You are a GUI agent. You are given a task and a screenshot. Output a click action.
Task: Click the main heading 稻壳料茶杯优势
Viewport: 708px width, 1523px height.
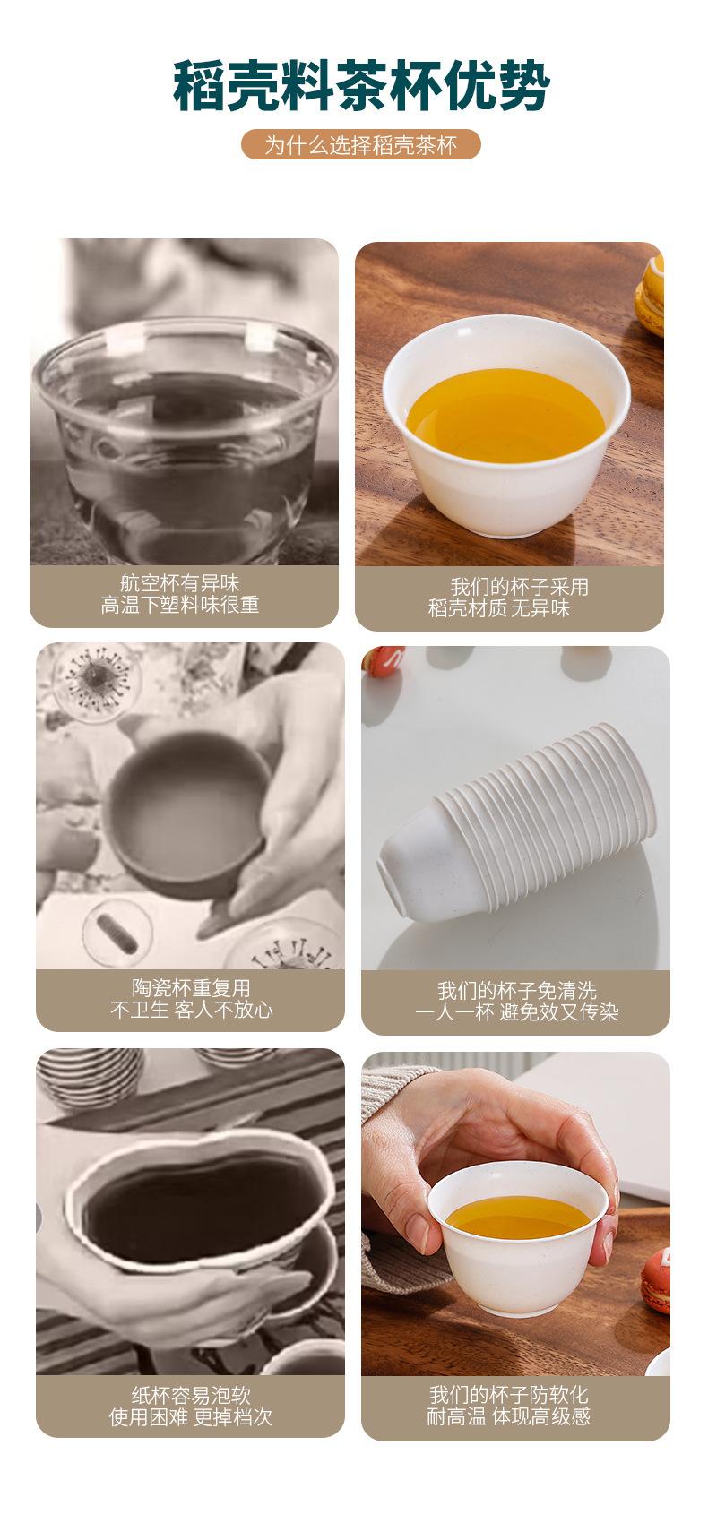tap(361, 85)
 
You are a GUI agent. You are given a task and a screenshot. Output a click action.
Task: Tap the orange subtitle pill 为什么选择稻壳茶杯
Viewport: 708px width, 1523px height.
tap(361, 145)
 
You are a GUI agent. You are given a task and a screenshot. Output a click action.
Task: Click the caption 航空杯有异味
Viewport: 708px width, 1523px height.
tap(180, 582)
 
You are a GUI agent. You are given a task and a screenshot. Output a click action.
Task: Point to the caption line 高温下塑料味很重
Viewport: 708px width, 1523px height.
tap(180, 605)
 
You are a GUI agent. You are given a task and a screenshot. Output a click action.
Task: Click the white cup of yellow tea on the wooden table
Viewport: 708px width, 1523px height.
tap(506, 425)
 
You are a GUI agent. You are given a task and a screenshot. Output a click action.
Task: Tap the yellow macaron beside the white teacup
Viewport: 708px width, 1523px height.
tap(650, 296)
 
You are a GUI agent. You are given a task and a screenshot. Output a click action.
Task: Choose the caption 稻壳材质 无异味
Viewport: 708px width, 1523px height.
tap(498, 607)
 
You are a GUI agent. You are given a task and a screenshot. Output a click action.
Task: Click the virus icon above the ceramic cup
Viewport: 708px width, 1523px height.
tap(97, 678)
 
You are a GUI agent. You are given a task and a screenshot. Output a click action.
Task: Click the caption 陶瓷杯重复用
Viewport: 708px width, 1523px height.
tap(191, 988)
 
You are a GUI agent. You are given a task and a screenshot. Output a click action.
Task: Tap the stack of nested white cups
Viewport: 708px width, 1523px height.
tap(517, 820)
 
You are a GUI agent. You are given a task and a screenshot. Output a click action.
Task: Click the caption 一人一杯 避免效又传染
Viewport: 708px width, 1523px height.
tap(517, 1012)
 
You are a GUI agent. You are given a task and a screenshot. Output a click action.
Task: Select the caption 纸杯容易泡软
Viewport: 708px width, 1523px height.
tap(191, 1396)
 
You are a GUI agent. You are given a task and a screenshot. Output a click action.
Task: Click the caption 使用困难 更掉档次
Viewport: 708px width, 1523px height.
tap(191, 1417)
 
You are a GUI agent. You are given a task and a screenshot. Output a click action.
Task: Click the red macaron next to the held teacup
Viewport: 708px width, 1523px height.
tap(656, 1280)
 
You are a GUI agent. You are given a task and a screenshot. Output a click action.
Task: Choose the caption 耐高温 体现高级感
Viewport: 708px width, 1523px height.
tap(508, 1416)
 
